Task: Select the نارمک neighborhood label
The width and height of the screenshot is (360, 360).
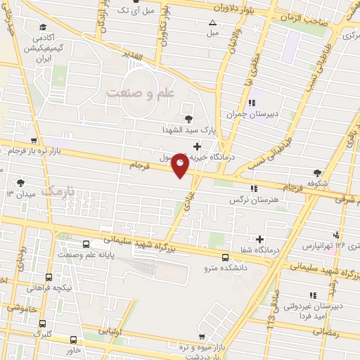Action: point(58,190)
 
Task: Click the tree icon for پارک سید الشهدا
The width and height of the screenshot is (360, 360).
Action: point(188,119)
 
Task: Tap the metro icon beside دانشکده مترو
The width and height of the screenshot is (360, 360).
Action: point(224,257)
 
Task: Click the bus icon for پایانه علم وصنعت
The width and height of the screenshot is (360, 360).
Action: point(86,245)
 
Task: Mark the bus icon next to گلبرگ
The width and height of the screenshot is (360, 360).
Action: point(44,324)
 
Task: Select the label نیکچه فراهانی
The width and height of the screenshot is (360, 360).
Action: point(49,288)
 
